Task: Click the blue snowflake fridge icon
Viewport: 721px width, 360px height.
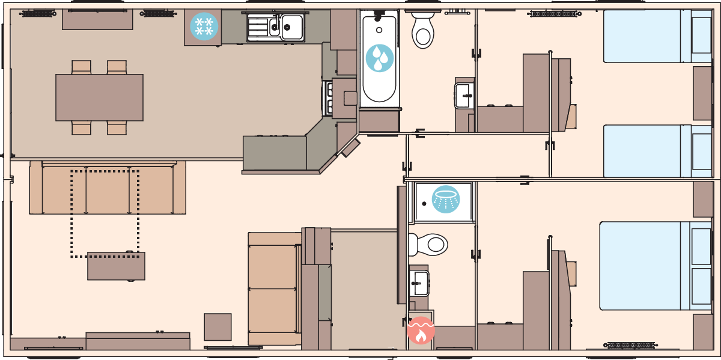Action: [x=204, y=26]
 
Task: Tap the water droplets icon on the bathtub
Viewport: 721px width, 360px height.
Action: [x=379, y=58]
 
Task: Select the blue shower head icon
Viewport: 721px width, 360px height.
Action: [x=446, y=200]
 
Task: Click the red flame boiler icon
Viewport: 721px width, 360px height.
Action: [x=421, y=331]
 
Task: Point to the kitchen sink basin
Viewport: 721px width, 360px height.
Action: [x=292, y=26]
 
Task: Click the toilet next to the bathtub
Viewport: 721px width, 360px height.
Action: [x=423, y=31]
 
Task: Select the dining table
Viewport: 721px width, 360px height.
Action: [x=99, y=97]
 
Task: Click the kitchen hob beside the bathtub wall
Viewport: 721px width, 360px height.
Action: [x=329, y=98]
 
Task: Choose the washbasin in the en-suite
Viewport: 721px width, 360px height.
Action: [x=419, y=281]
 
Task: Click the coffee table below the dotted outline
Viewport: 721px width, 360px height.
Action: [x=116, y=266]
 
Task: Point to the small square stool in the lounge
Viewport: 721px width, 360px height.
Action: [x=218, y=327]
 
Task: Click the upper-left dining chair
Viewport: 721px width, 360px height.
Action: [x=81, y=67]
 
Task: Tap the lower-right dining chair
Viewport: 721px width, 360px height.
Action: [x=117, y=128]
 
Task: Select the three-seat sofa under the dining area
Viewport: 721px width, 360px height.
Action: [x=108, y=190]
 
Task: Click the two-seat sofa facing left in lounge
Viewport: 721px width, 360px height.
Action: [x=273, y=288]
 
